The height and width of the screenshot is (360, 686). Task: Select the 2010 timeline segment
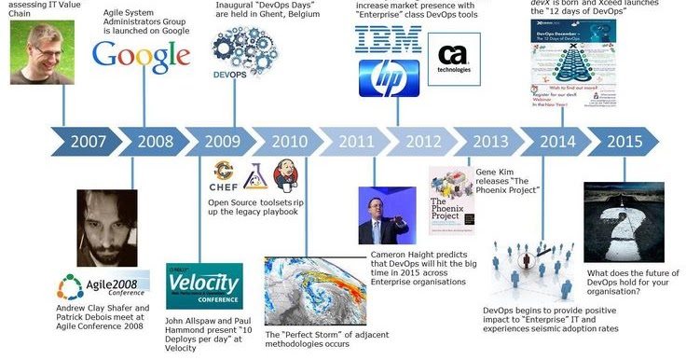tap(290, 142)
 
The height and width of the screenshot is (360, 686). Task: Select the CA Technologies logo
tap(454, 57)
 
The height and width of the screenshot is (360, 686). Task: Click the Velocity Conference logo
tap(204, 285)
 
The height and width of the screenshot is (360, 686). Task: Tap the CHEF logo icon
tap(222, 173)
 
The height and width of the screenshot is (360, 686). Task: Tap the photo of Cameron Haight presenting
tap(387, 215)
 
